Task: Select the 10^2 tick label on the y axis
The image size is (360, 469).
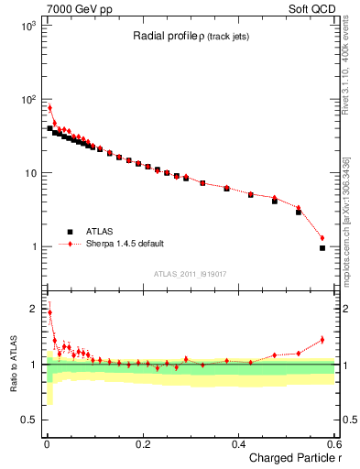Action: tap(27, 99)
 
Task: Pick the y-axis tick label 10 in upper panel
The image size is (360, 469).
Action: tap(28, 173)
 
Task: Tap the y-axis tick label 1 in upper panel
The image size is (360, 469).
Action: tap(32, 247)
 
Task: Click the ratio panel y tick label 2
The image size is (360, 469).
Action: tap(32, 309)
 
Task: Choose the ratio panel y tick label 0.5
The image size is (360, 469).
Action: tap(27, 420)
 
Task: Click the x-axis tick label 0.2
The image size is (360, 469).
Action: tap(142, 443)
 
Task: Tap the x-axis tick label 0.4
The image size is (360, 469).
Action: tap(238, 443)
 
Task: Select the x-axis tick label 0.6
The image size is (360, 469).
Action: tap(334, 443)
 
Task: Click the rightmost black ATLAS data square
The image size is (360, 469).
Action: tap(322, 248)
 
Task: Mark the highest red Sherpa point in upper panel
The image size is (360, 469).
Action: tap(49, 108)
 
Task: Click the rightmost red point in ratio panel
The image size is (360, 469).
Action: tap(322, 340)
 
